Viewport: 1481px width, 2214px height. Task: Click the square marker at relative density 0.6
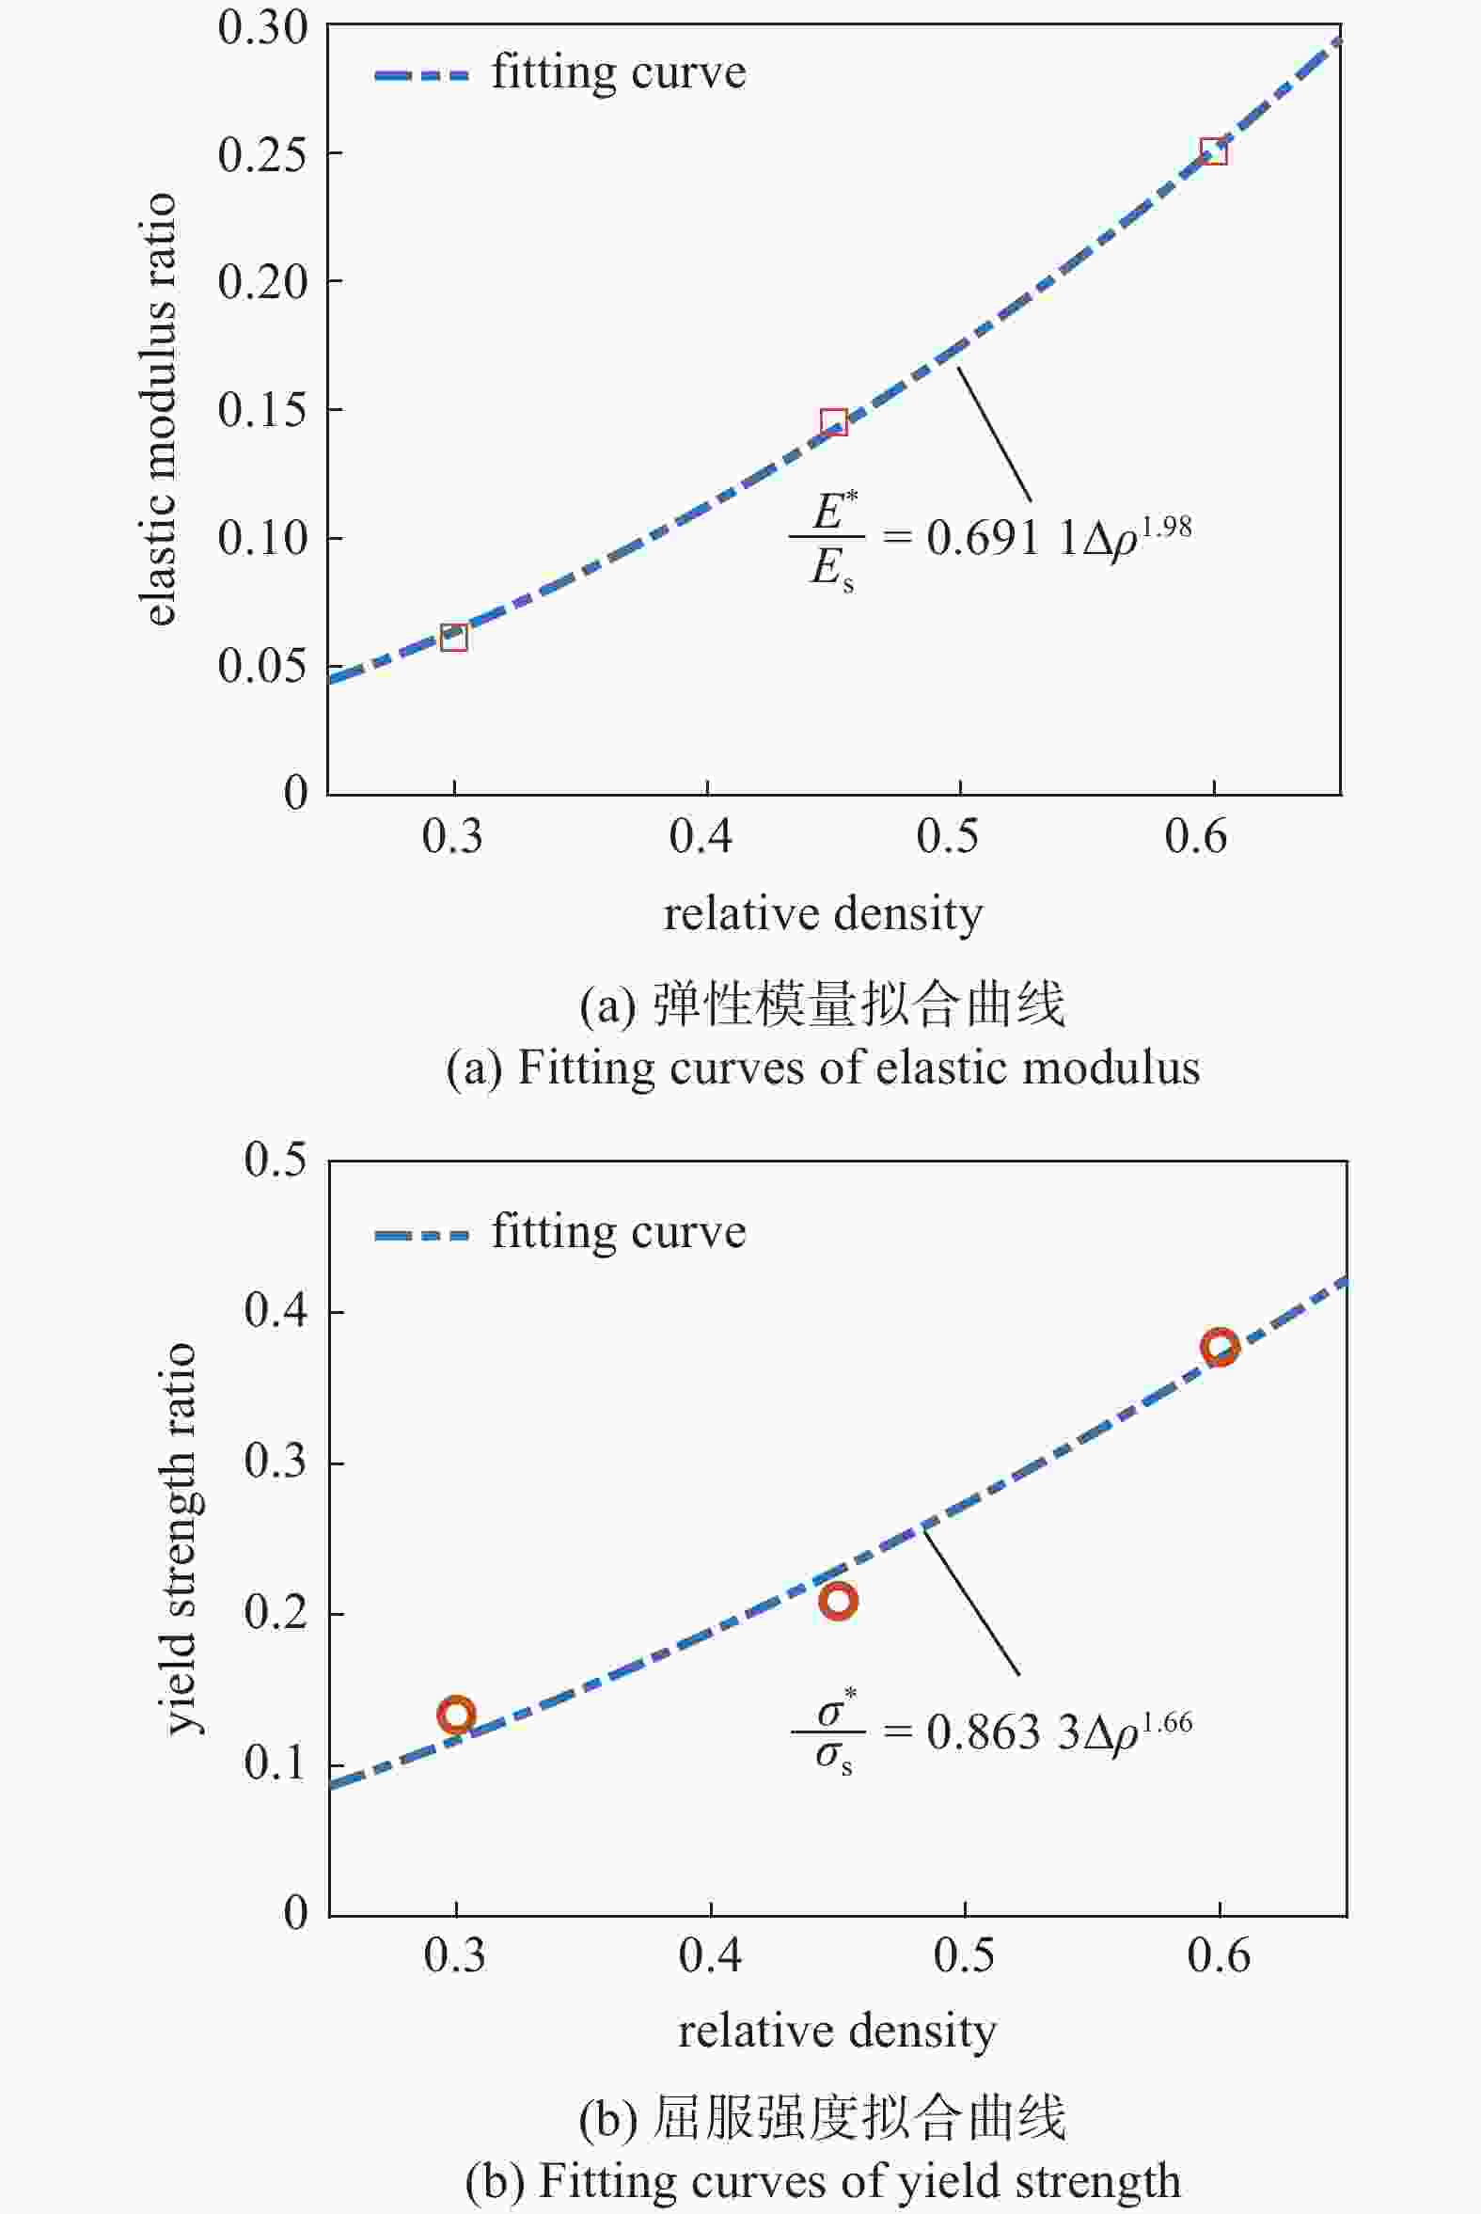(1213, 151)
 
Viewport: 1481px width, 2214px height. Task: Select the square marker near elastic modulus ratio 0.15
(833, 421)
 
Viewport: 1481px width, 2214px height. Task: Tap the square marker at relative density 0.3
(454, 638)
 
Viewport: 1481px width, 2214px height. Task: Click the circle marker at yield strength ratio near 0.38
(1220, 1347)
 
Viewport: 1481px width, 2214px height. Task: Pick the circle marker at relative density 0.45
(838, 1600)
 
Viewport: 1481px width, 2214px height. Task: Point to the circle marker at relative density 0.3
(456, 1715)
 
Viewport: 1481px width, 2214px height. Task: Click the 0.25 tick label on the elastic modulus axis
(262, 155)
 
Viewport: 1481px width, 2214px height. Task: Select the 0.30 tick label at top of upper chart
(262, 28)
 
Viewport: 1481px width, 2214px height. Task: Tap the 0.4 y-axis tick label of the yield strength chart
(276, 1312)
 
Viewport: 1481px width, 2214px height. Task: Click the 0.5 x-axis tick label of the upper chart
(947, 837)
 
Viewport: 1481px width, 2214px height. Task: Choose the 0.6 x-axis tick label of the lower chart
(1219, 1955)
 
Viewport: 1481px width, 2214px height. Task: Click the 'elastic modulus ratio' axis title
(160, 408)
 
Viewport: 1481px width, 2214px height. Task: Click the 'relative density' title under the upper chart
(823, 914)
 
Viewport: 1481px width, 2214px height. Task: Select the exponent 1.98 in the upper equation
(1167, 526)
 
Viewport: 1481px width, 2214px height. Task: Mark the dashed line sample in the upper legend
(421, 74)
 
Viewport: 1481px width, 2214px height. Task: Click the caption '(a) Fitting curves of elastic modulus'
(823, 1068)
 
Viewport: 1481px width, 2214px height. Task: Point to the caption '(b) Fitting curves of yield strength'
(823, 2181)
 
